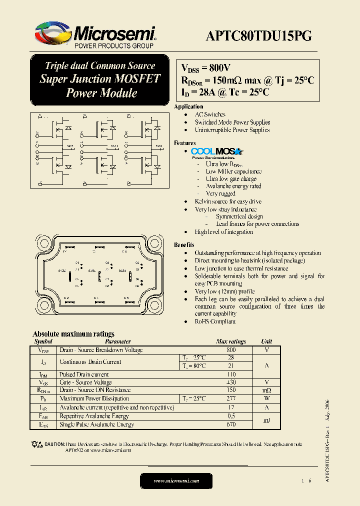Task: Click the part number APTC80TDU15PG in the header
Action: click(x=259, y=35)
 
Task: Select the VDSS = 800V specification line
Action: click(x=205, y=68)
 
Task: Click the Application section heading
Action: click(x=188, y=106)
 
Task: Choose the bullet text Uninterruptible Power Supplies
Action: click(x=232, y=130)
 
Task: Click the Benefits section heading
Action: click(x=184, y=245)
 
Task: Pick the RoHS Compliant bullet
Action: click(x=215, y=321)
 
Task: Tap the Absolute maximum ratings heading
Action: click(x=73, y=333)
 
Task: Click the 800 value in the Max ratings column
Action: click(x=231, y=350)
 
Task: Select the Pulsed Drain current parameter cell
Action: click(x=84, y=374)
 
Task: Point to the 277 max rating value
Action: click(x=231, y=398)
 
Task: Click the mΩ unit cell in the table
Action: click(x=266, y=390)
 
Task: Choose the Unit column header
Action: click(x=266, y=341)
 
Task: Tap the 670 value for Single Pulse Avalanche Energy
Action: click(x=231, y=424)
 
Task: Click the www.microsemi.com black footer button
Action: click(x=176, y=480)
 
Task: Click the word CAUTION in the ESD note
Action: click(x=54, y=444)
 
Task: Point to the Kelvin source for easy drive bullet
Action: click(x=228, y=201)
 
